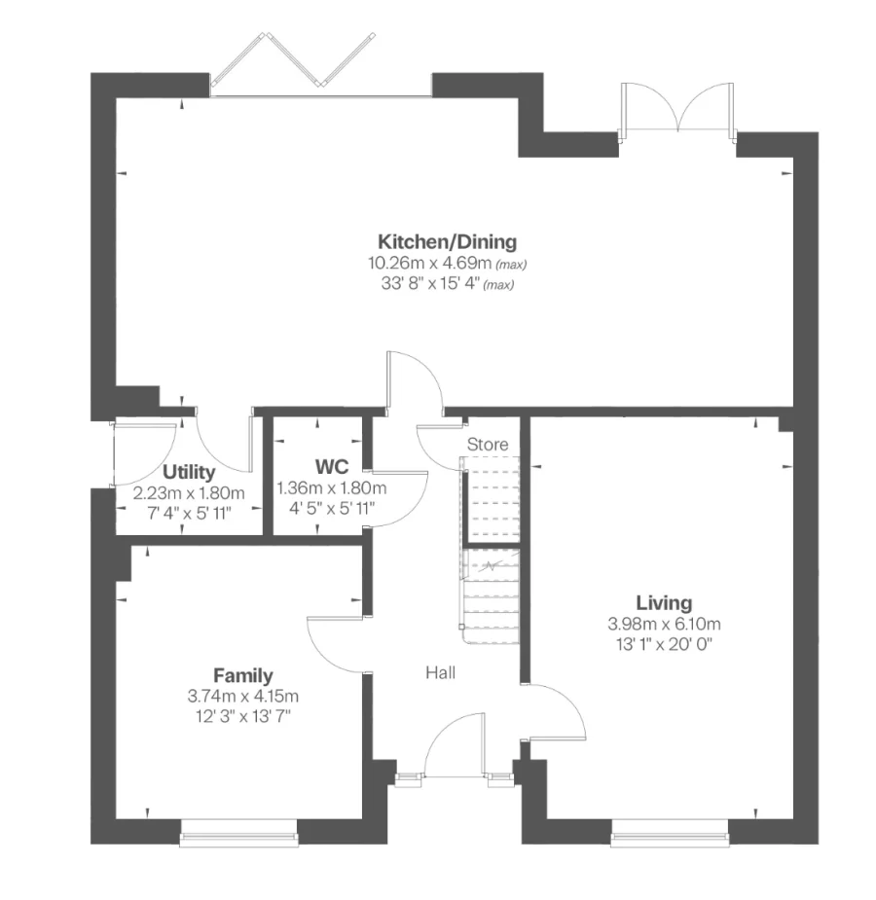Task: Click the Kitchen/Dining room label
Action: coord(447,241)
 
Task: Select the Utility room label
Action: coord(189,472)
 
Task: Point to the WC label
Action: coord(331,467)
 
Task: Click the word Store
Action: coord(488,445)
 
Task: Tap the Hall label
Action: coord(440,672)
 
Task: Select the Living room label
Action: coord(664,602)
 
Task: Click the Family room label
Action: coord(243,675)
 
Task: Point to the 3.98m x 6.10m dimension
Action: coord(664,624)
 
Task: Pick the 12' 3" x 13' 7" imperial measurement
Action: coord(243,717)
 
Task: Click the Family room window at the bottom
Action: coord(238,828)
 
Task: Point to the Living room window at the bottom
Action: coord(670,828)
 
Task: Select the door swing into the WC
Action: coord(399,496)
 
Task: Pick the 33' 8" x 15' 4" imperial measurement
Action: coord(441,284)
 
